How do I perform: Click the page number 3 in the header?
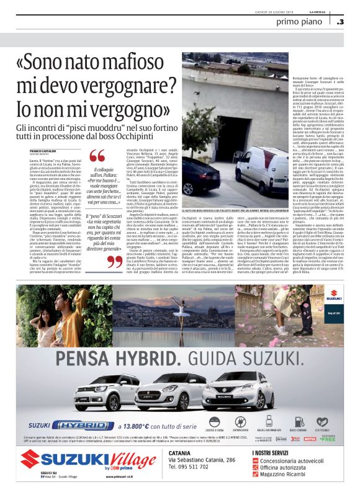pyautogui.click(x=341, y=22)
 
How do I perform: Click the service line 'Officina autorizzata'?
pyautogui.click(x=297, y=473)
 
